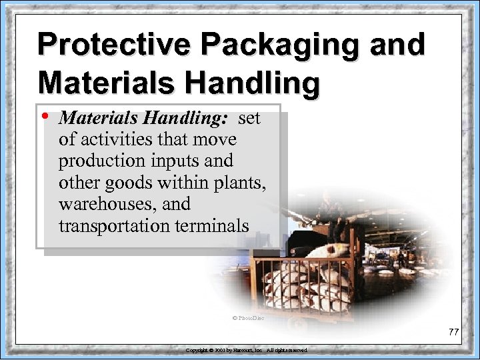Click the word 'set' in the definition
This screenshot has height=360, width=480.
(249, 119)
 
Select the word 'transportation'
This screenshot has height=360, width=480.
(114, 225)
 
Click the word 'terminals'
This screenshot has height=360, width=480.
(211, 225)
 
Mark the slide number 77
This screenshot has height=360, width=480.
(455, 332)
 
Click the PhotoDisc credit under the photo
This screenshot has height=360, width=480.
(248, 318)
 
